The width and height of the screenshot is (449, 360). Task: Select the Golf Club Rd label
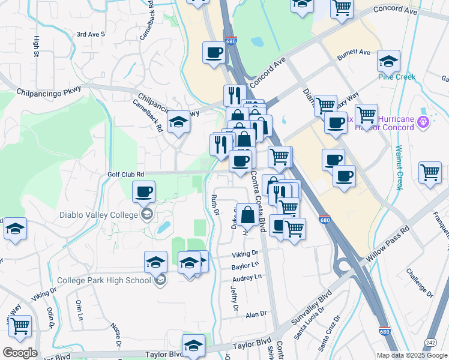[x=126, y=174]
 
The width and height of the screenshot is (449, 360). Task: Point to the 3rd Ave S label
[x=91, y=34]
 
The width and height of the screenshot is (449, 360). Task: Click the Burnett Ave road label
[x=354, y=53]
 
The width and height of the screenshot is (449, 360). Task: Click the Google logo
[x=20, y=352]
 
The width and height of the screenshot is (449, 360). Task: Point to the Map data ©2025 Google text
[x=411, y=355]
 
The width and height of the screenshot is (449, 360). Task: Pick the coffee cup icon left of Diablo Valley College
[x=143, y=193]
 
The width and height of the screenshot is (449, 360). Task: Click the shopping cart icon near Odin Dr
[x=20, y=326]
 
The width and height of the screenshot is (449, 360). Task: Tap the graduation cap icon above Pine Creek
[x=389, y=60]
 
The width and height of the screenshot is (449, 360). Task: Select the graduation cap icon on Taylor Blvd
[x=193, y=345]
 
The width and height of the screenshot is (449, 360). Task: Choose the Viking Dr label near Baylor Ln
[x=246, y=254]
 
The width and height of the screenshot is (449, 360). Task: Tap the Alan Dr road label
[x=255, y=314]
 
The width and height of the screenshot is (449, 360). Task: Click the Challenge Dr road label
[x=418, y=282]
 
